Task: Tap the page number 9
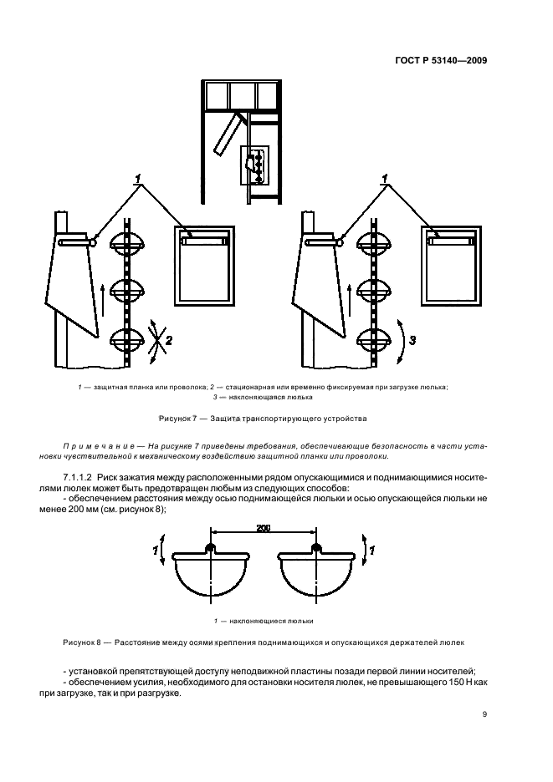coord(485,713)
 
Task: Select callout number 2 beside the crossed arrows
coord(168,340)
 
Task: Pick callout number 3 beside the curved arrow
coord(410,340)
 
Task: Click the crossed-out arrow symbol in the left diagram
coord(152,339)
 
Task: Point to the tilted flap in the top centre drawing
coord(228,134)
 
